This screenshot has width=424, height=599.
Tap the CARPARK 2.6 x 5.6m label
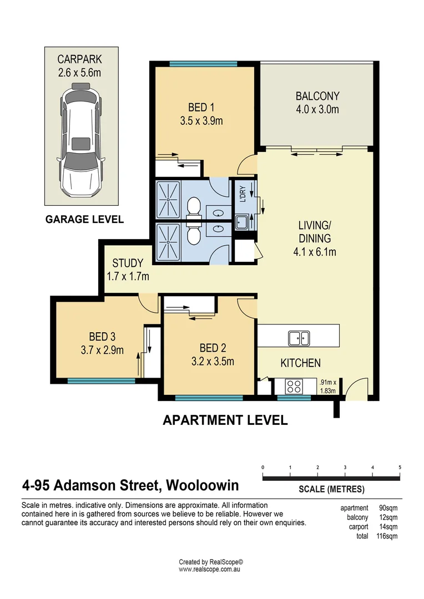(81, 66)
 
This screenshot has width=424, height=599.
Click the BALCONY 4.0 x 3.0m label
(317, 103)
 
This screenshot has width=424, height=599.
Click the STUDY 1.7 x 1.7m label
(128, 269)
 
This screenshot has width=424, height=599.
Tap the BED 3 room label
(102, 343)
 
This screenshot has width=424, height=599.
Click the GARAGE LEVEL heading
(84, 220)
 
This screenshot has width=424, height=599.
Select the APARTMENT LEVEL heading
(225, 420)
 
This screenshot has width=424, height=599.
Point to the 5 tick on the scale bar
(400, 468)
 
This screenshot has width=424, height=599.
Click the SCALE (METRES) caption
(331, 489)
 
